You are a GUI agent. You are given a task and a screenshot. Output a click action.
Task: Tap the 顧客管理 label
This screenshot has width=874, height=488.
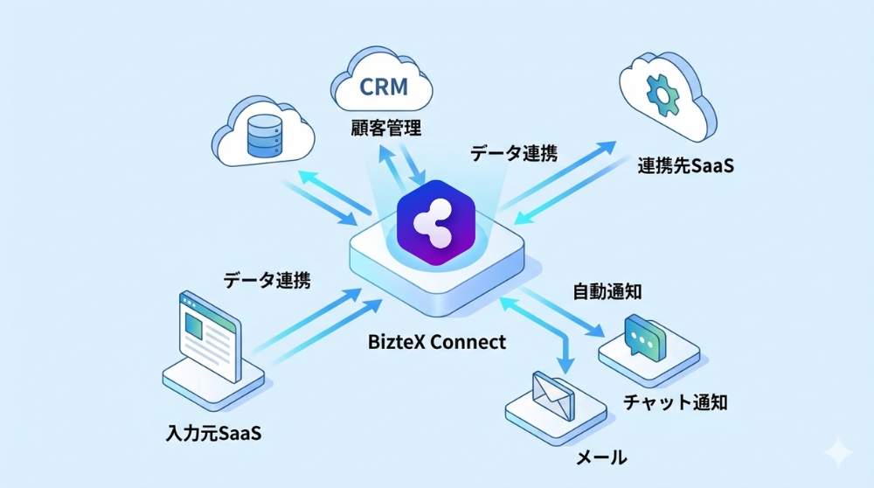pos(381,129)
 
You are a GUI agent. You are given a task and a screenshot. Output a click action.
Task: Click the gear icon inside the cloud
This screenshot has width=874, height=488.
pos(662,88)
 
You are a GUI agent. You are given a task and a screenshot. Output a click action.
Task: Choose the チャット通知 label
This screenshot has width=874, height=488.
pos(676,401)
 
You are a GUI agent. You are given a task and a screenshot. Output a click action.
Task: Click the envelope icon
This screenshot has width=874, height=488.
pos(551,394)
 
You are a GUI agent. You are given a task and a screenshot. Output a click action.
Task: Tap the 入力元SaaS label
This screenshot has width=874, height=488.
pos(213,432)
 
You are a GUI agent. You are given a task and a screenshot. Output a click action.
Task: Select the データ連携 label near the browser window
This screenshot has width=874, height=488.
pos(267,280)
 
